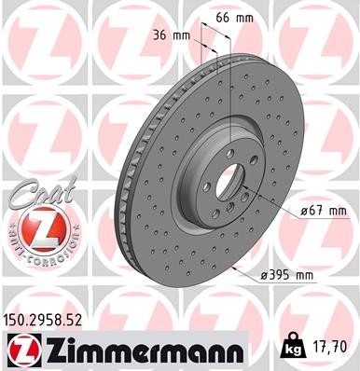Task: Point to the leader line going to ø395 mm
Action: point(244,271)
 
